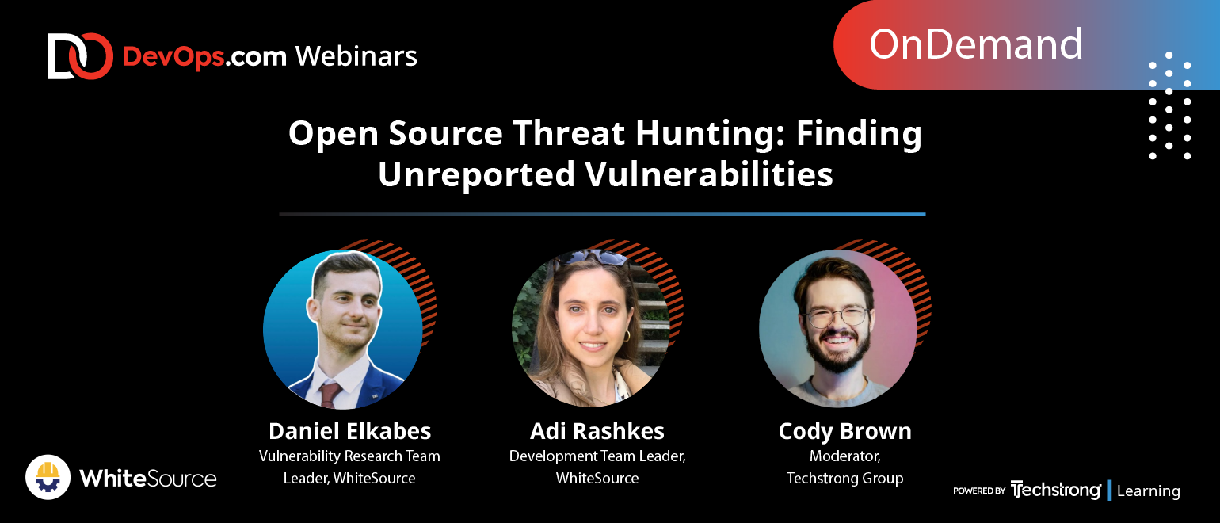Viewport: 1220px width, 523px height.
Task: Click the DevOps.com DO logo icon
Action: pos(80,56)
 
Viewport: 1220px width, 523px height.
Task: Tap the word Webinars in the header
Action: pos(356,56)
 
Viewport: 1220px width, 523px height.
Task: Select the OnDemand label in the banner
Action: pos(975,44)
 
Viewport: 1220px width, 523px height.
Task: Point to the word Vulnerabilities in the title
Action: pos(709,174)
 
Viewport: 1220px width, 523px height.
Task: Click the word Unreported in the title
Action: pos(477,175)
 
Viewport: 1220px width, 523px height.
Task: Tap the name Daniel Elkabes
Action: pos(349,431)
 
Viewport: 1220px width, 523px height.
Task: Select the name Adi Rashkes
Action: pos(597,431)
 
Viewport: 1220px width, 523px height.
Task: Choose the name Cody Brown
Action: pos(844,431)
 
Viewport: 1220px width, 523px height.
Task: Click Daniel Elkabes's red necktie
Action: pos(330,395)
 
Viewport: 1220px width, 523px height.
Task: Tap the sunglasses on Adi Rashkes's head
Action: pos(592,257)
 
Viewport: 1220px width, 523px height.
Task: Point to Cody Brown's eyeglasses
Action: pos(837,316)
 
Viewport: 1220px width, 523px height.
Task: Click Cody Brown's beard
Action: pos(837,351)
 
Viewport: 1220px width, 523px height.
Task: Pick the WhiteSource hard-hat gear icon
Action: pos(48,477)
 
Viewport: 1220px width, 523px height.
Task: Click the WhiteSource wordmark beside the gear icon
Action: pos(148,479)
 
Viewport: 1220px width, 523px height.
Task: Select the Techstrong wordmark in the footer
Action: pos(1055,490)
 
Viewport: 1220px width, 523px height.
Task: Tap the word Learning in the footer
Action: pos(1148,491)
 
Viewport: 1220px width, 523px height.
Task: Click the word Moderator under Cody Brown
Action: pos(844,456)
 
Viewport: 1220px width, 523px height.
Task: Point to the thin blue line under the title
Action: pos(602,214)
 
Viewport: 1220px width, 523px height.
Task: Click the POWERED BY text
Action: pos(979,491)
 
